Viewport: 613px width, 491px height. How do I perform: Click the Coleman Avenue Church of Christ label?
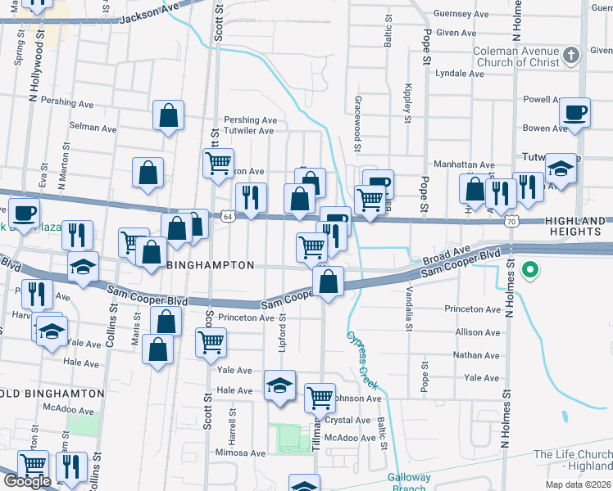pyautogui.click(x=515, y=57)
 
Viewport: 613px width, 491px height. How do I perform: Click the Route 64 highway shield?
pyautogui.click(x=226, y=216)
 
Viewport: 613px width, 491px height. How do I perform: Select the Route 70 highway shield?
pyautogui.click(x=511, y=221)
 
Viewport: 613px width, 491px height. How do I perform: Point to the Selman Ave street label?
pyautogui.click(x=93, y=128)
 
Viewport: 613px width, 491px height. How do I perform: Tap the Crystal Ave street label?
pyautogui.click(x=348, y=420)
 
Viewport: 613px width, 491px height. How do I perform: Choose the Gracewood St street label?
pyautogui.click(x=357, y=123)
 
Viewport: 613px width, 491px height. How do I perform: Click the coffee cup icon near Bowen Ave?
pyautogui.click(x=574, y=113)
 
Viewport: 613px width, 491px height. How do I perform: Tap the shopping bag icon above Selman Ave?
pyautogui.click(x=168, y=116)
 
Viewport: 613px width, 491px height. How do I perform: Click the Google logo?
pyautogui.click(x=27, y=482)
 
